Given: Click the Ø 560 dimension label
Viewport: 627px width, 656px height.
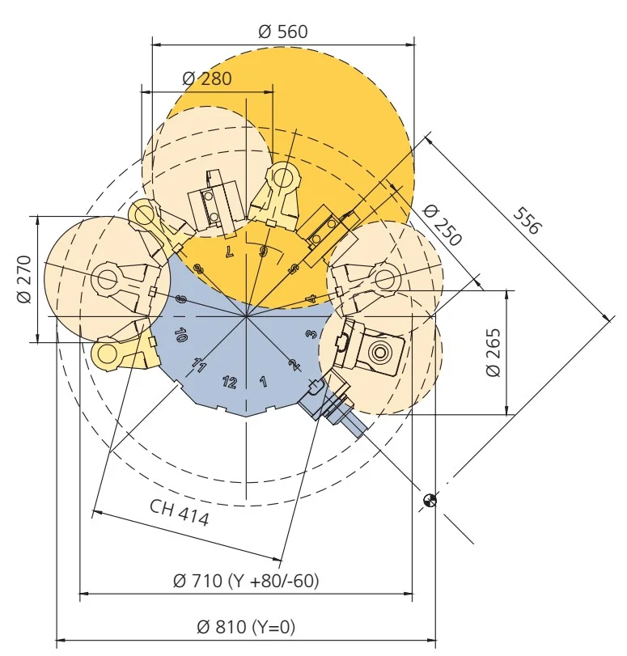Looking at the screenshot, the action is click(283, 32).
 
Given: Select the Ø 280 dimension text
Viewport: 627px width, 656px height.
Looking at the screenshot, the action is click(207, 78).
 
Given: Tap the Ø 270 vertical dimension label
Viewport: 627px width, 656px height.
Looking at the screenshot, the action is click(24, 279).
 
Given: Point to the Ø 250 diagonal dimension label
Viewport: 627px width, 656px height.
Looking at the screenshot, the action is click(443, 225).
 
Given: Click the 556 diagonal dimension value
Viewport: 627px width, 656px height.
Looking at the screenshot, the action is click(527, 221).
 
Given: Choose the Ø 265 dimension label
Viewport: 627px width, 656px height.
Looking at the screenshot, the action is click(494, 353).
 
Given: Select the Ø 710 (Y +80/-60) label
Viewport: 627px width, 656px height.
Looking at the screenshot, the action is click(246, 581).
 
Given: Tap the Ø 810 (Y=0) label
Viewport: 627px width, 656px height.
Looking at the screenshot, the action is click(246, 627).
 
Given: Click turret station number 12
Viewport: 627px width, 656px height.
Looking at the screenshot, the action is click(230, 382).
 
